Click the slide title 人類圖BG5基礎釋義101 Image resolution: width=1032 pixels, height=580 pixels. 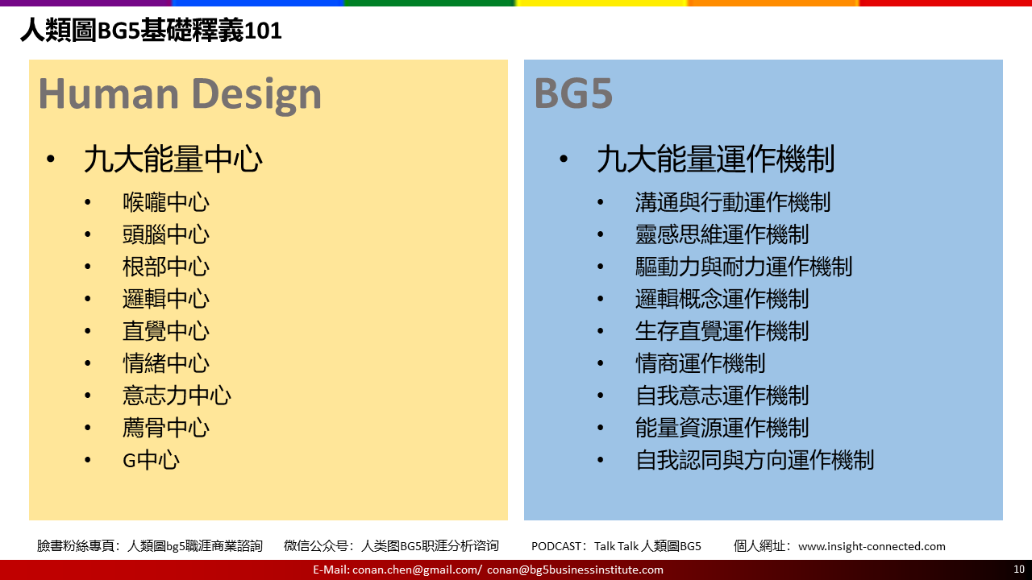coord(151,31)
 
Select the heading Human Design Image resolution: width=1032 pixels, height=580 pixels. coord(180,94)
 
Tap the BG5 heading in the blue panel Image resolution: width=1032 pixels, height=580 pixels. coord(573,93)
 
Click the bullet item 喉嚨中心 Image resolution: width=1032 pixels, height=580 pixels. coord(166,202)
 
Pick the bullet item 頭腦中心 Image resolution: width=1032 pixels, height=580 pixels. coord(166,234)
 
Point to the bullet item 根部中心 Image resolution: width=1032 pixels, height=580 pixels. coord(166,267)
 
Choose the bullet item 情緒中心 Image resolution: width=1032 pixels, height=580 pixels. coord(166,363)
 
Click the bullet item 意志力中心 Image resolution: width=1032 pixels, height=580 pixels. coord(177,396)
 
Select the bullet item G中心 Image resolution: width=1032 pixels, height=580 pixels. coord(151,460)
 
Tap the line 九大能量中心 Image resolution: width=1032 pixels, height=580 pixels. coord(173,159)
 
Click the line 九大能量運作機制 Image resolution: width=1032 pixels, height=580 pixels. coord(715,159)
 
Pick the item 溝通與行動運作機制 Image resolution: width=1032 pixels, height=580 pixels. coord(733,202)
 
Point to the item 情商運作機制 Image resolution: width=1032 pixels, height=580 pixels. coord(701,363)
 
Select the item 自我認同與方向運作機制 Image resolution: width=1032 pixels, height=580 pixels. coord(755,460)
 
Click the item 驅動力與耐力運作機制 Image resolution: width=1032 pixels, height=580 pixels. coord(744,267)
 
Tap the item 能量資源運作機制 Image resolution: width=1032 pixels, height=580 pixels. coord(722,428)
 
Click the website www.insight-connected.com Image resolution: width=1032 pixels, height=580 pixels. coord(872,546)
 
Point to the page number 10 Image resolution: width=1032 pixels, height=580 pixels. coord(1019,570)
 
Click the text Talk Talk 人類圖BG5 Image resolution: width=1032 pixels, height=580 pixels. coord(647,546)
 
